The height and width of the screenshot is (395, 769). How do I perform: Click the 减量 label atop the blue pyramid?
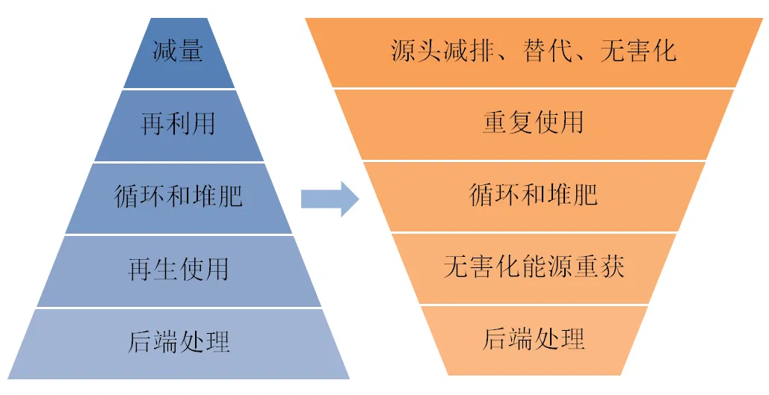(178, 53)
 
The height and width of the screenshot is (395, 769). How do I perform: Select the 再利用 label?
(178, 124)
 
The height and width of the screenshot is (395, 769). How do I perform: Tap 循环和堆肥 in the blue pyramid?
(178, 196)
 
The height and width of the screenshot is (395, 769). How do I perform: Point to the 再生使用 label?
(178, 269)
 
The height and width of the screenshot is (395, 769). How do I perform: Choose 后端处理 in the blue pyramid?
(178, 341)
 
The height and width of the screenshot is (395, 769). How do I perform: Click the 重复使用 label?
(533, 122)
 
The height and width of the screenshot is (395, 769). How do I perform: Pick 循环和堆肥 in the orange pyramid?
(533, 195)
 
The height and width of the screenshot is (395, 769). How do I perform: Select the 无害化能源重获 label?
(533, 267)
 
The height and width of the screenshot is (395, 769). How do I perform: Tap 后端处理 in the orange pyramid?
(533, 338)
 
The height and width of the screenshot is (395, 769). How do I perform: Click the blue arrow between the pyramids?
(330, 199)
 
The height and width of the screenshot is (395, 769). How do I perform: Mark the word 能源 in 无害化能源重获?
(546, 267)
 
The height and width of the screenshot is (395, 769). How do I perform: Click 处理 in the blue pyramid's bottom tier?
(204, 341)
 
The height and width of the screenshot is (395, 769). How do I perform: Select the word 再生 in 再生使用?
(152, 269)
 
